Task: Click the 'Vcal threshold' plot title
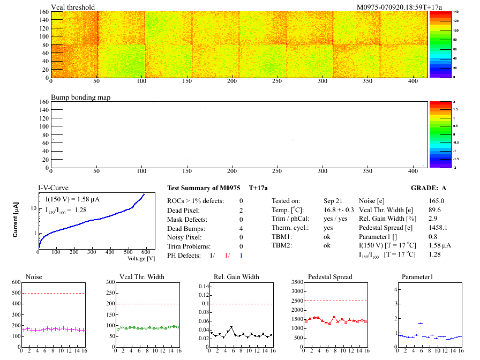(73, 7)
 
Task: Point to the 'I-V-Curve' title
(52, 188)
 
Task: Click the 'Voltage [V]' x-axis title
(141, 258)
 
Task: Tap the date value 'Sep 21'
(333, 201)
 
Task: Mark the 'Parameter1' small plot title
(417, 277)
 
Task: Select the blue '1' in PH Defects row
(242, 256)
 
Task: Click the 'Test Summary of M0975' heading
(204, 188)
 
